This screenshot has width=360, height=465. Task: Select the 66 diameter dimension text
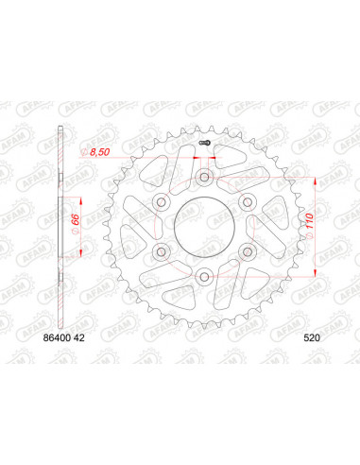coord(75,225)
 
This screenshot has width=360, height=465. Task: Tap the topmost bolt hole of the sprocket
coord(205,176)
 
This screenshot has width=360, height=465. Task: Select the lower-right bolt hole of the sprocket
coord(249,250)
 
